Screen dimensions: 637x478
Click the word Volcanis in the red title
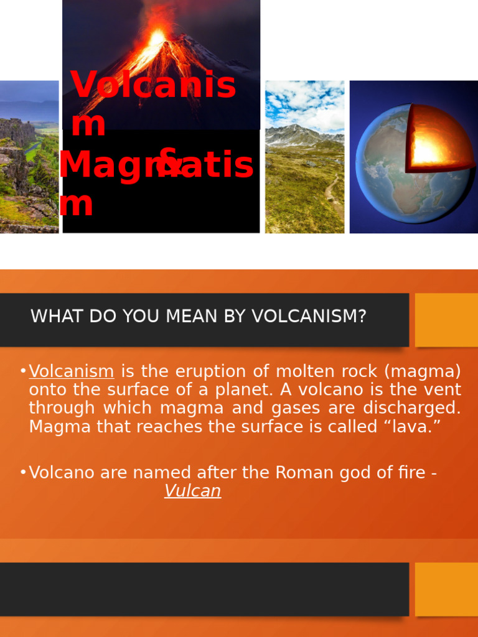coord(153,85)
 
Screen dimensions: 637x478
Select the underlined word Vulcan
coord(192,491)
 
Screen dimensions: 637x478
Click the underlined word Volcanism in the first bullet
coord(72,371)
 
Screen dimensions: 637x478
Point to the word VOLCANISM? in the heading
coord(309,316)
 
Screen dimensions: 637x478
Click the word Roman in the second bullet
coord(301,473)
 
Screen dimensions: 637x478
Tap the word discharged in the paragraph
coord(413,408)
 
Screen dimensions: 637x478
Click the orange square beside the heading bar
coord(446,320)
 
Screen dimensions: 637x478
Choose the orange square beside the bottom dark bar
coord(446,589)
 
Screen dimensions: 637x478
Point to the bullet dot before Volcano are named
coord(22,473)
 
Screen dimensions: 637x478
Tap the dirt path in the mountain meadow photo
coord(332,190)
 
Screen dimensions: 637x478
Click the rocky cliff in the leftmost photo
coord(15,134)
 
